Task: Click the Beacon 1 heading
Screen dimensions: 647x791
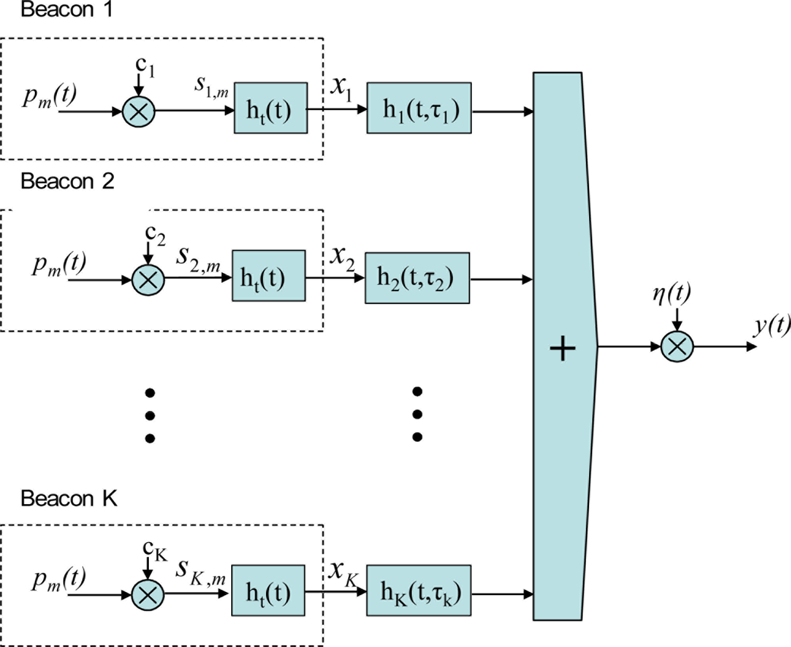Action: (67, 11)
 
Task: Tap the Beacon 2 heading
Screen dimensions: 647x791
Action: (67, 182)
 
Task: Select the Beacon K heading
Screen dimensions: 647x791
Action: (69, 499)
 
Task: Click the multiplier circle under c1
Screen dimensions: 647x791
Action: (139, 111)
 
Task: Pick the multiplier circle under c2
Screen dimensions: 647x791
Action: (148, 281)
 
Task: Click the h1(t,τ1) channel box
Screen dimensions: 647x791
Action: (419, 111)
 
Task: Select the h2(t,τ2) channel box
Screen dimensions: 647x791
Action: (418, 278)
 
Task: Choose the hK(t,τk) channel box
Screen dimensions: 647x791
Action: (419, 593)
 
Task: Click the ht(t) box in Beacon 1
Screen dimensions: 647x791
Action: (270, 111)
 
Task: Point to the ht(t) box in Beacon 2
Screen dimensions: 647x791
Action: (269, 278)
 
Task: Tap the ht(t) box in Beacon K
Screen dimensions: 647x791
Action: (269, 593)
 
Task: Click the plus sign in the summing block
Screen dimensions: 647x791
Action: (562, 349)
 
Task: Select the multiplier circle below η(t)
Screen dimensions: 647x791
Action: (677, 347)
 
